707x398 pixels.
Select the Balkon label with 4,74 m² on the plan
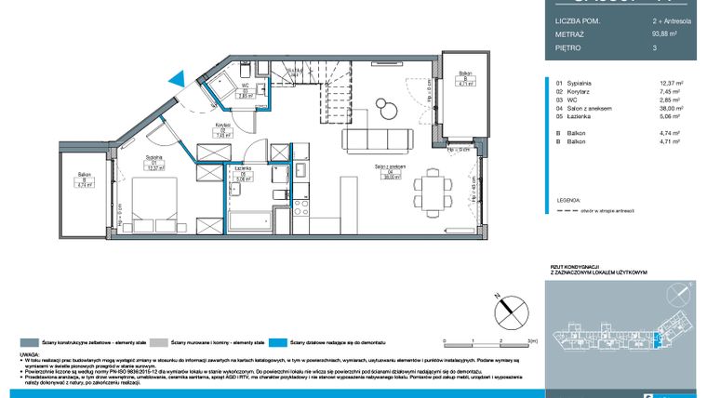[x=85, y=179]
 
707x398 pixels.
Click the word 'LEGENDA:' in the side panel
[x=570, y=199]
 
